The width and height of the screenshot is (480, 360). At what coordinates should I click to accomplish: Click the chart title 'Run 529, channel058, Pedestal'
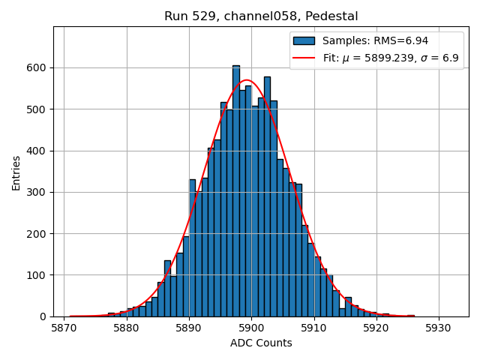point(261,16)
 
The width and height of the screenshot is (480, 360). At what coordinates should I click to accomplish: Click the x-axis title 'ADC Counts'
point(261,343)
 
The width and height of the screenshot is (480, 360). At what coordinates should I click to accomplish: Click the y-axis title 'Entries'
point(16,172)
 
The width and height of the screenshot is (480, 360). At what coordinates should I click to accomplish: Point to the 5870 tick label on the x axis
point(64,328)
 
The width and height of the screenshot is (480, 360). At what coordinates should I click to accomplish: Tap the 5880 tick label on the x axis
point(126,328)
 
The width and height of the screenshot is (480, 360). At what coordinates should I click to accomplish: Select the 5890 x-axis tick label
point(189,328)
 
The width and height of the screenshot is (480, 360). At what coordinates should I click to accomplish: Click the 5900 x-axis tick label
point(251,328)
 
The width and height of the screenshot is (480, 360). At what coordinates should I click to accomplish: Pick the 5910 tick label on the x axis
point(313,328)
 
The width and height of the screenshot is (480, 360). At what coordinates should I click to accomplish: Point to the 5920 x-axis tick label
point(376,328)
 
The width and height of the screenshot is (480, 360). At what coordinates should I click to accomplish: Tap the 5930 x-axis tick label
point(439,328)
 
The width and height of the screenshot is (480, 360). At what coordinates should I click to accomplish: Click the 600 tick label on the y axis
point(38,67)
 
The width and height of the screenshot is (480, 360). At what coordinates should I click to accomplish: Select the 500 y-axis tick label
point(38,109)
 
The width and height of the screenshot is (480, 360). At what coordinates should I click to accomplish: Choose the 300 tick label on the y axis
point(38,193)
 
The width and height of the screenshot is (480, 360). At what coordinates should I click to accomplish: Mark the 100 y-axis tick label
point(38,275)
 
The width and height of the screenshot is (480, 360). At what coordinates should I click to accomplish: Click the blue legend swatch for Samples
point(304,40)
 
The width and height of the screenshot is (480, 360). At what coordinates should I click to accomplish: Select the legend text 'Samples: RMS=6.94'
point(375,40)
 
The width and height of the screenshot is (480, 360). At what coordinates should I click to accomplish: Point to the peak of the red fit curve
point(247,80)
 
